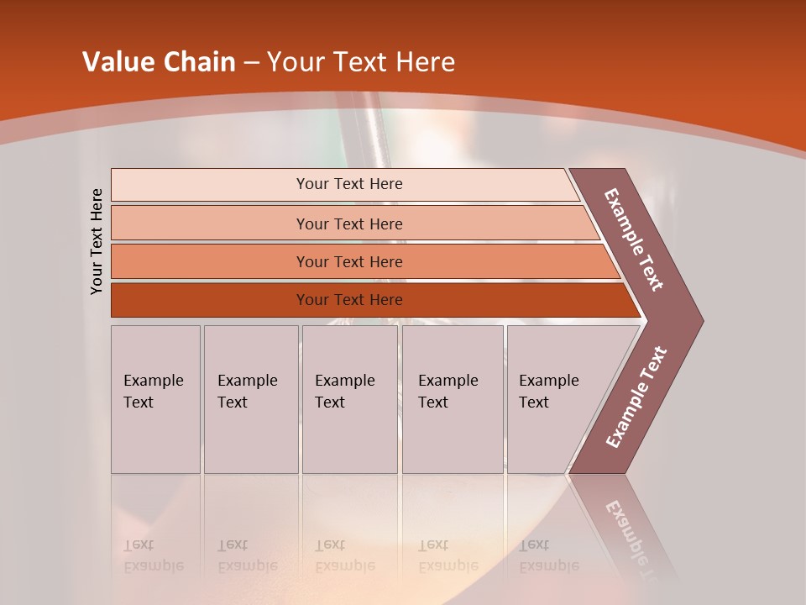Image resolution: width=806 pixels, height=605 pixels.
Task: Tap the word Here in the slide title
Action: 425,62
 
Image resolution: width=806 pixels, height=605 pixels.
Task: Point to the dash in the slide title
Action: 251,63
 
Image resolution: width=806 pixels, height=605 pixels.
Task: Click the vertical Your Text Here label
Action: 97,241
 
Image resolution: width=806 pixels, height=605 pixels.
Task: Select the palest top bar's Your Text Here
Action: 349,184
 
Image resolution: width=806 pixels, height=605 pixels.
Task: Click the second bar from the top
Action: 349,224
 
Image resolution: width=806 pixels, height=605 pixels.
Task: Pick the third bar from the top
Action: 349,261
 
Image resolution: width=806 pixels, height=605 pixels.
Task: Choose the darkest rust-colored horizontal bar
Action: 349,300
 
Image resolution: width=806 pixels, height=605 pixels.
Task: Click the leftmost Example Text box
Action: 155,399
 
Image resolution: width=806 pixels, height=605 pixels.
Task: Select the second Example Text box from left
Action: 250,399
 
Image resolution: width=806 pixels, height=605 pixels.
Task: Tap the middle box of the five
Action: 349,399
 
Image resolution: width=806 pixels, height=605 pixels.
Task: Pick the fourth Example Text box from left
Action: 452,399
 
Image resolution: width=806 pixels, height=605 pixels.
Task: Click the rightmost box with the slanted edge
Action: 554,399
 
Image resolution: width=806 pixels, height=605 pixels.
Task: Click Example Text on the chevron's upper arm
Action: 634,239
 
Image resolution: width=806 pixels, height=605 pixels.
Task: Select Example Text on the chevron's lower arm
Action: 636,397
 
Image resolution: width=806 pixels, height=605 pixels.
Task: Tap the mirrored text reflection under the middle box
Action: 344,555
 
